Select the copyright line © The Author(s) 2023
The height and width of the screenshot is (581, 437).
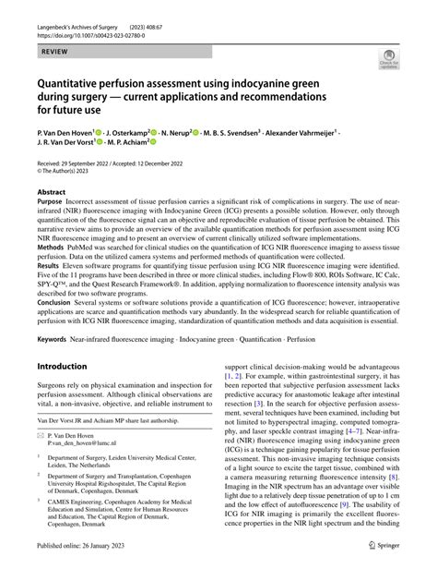[x=72, y=173]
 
